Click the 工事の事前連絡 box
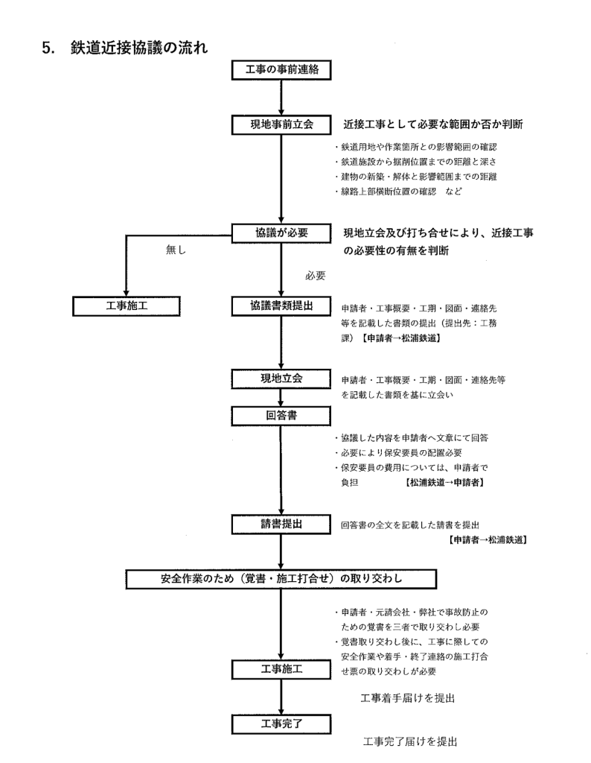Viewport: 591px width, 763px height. pyautogui.click(x=281, y=70)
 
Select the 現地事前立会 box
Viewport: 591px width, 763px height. pyautogui.click(x=281, y=124)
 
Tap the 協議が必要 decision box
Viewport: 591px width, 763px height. pyautogui.click(x=281, y=233)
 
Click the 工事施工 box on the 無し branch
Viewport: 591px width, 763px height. pyautogui.click(x=127, y=305)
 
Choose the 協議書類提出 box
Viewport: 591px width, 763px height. pyautogui.click(x=281, y=305)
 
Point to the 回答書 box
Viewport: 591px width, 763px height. pyautogui.click(x=281, y=414)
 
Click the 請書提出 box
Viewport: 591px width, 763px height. pyautogui.click(x=281, y=525)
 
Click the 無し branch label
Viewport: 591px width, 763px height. pyautogui.click(x=176, y=251)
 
